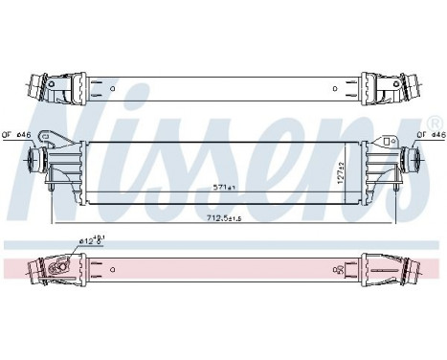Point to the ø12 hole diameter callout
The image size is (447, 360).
click(x=92, y=243)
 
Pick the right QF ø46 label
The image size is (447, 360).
click(x=429, y=134)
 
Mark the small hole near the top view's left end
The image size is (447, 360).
click(x=113, y=92)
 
